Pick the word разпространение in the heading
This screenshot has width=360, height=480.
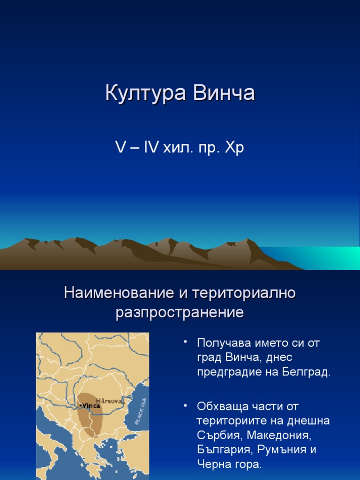[180, 312]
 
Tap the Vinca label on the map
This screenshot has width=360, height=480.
[91, 405]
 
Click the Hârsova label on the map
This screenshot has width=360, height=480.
[109, 401]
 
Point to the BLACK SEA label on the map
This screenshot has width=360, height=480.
[141, 412]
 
